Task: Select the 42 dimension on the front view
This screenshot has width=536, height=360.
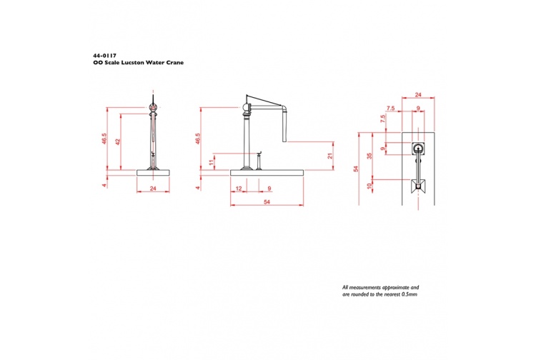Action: coord(117,141)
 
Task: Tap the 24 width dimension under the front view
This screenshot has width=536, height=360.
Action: coord(153,188)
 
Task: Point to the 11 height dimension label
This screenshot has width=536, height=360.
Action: coord(212,162)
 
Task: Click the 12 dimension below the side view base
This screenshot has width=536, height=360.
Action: coord(239,188)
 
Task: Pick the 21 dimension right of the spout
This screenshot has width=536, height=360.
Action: coord(329,156)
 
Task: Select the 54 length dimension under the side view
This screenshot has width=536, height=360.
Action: coord(267,203)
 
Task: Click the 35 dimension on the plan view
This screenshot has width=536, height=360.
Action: coord(369,156)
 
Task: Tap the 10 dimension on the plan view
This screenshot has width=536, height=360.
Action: coord(369,186)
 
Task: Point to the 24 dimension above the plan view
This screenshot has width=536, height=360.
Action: coord(418,94)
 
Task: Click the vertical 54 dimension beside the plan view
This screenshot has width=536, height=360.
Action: coord(357,169)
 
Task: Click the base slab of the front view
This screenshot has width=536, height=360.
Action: coord(154,171)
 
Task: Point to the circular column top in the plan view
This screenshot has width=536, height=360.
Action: coord(418,149)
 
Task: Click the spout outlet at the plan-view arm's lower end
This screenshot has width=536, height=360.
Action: coord(418,187)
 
